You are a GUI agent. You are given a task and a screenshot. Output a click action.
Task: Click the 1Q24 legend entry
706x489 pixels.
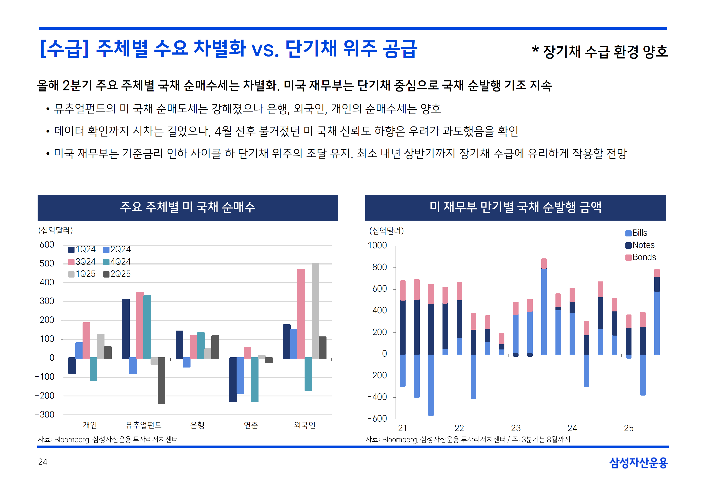point(82,249)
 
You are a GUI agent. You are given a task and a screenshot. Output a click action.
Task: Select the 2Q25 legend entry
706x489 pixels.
point(117,274)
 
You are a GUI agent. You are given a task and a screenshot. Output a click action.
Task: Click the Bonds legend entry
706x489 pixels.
point(641,257)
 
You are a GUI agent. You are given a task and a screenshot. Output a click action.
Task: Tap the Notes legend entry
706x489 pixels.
point(640,245)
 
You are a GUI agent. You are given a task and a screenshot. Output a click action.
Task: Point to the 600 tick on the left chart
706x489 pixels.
point(47,245)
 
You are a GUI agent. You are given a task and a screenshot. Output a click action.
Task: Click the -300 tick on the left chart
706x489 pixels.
point(45,414)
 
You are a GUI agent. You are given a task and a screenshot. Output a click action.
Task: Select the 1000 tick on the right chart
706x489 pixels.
point(378,245)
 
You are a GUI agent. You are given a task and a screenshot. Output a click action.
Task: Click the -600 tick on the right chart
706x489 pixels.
point(378,419)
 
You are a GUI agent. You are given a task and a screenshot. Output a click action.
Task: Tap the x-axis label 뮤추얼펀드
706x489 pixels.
point(143,425)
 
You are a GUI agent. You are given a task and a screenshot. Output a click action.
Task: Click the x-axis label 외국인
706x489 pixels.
point(304,425)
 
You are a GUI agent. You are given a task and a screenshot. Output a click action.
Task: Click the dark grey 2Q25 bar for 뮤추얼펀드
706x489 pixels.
point(161,381)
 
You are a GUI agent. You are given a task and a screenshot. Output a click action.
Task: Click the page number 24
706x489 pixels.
point(43,462)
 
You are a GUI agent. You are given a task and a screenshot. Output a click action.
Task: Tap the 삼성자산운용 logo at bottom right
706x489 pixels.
point(638,463)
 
